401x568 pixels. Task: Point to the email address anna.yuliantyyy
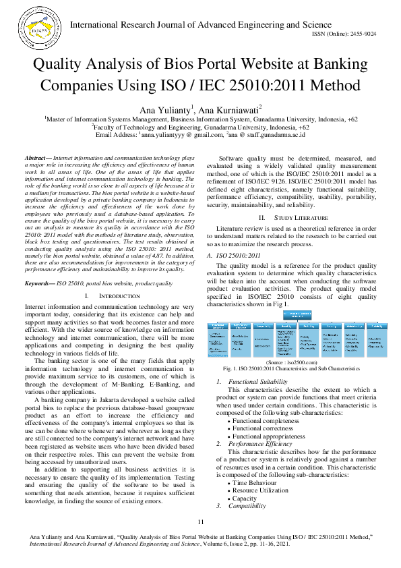(x=173, y=134)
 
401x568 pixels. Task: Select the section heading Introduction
(x=102, y=296)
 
